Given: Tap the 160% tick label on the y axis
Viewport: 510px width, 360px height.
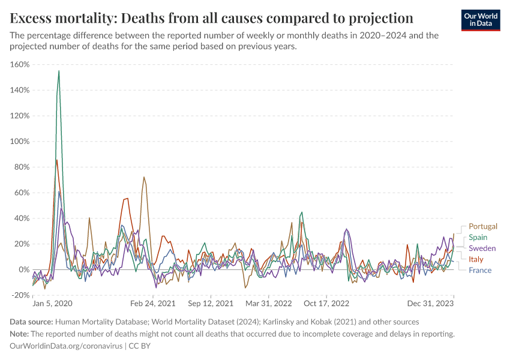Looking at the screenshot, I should click(x=20, y=64).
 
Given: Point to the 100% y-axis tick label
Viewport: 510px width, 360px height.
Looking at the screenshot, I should click(x=20, y=142).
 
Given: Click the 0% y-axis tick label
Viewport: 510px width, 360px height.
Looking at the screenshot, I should click(x=25, y=269).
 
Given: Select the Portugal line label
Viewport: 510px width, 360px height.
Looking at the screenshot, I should click(x=483, y=226).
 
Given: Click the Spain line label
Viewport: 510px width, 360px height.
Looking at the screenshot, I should click(x=478, y=238).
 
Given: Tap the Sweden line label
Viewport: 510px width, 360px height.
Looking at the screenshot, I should click(x=482, y=248).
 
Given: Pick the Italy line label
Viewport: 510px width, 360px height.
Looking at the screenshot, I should click(x=476, y=259).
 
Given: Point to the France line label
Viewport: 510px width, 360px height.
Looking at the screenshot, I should click(x=479, y=270).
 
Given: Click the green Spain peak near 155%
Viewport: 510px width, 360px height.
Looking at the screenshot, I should click(x=59, y=71).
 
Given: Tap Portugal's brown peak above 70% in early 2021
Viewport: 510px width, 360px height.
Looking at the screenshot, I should click(x=144, y=177).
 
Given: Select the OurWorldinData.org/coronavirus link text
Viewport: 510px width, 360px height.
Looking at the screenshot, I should click(x=66, y=346).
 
